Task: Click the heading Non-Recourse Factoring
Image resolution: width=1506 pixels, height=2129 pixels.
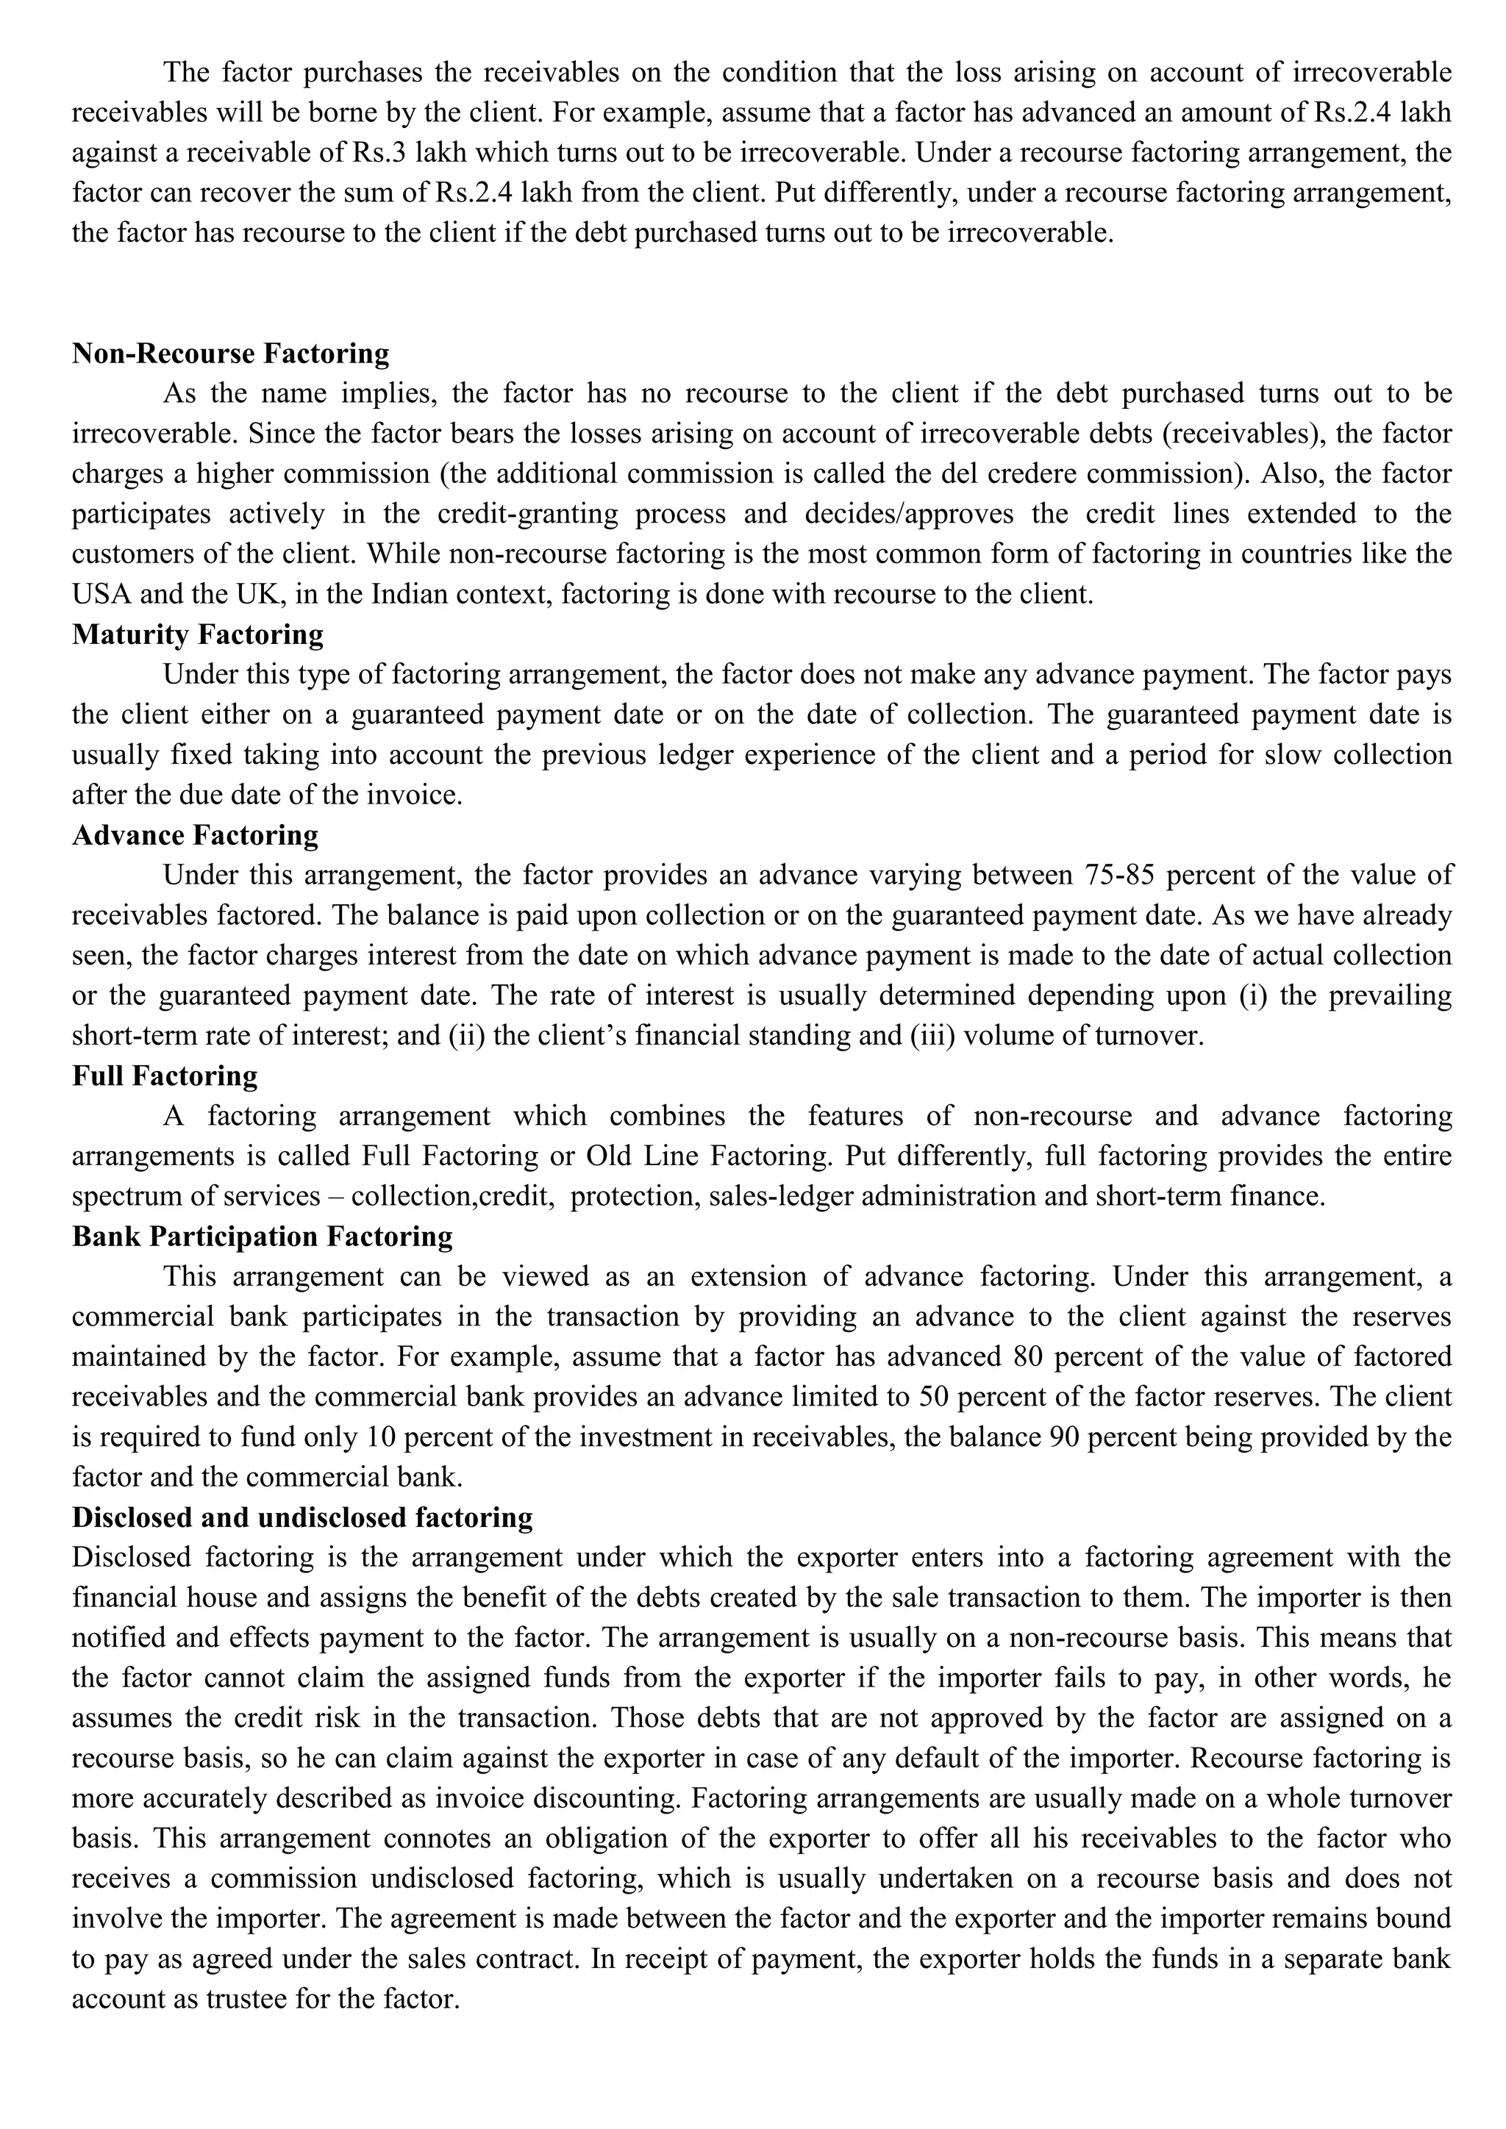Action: [x=230, y=354]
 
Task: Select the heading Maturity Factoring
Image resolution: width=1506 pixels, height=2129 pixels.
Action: [x=198, y=634]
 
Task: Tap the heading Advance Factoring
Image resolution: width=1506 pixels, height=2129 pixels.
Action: [x=195, y=834]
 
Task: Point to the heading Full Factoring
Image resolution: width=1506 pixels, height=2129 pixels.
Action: [x=164, y=1076]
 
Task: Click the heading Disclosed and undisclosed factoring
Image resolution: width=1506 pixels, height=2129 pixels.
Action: [x=302, y=1517]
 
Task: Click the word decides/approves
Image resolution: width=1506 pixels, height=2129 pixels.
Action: [x=894, y=514]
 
